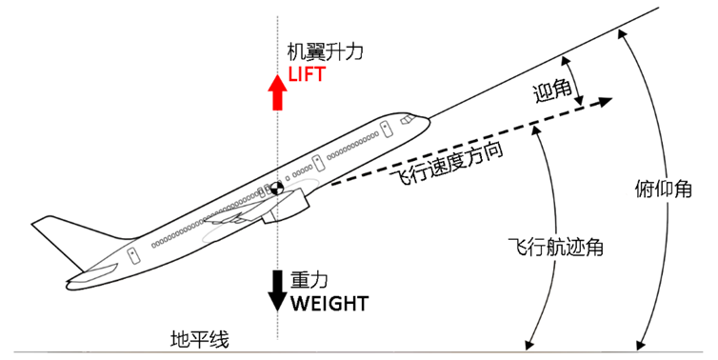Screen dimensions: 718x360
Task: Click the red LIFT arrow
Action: [x=277, y=92]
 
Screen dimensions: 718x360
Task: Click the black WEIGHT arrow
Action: [x=277, y=290]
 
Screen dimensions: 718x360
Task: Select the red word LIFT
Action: [x=308, y=74]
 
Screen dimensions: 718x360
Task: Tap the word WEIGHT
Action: [x=329, y=304]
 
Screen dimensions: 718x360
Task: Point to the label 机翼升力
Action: [x=325, y=51]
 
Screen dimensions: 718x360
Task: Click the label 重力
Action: [x=309, y=280]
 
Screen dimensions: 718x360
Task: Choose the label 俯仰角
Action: [x=664, y=190]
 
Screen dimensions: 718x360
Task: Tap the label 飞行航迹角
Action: [x=556, y=248]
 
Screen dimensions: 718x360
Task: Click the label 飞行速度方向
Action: [x=446, y=163]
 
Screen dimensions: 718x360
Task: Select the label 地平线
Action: [x=200, y=339]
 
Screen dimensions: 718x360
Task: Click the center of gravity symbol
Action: [x=277, y=188]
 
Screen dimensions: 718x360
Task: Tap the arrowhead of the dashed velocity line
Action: [x=606, y=101]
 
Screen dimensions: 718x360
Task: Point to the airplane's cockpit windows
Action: [x=407, y=120]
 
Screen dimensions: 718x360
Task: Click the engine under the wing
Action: [x=285, y=206]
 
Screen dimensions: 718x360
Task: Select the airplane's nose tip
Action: [x=429, y=121]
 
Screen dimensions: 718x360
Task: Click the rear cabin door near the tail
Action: [x=133, y=255]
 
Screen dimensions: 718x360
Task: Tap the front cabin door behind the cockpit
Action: [x=386, y=130]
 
